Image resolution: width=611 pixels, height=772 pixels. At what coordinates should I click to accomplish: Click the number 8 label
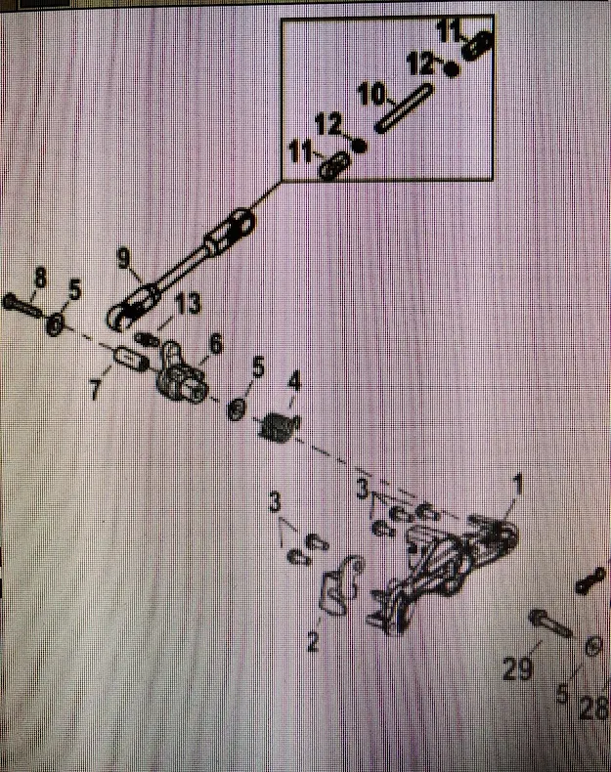(x=40, y=279)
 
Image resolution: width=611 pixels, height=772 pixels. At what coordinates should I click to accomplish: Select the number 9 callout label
(x=123, y=258)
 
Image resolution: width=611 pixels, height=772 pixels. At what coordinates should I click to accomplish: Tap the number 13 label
(x=189, y=305)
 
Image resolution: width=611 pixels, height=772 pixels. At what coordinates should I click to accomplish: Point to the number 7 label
(x=95, y=390)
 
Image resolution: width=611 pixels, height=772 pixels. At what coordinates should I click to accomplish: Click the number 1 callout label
(x=518, y=482)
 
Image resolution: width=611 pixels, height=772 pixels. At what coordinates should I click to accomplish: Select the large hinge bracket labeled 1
(x=445, y=572)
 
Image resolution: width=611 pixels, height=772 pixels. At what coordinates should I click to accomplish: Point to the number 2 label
(x=313, y=642)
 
